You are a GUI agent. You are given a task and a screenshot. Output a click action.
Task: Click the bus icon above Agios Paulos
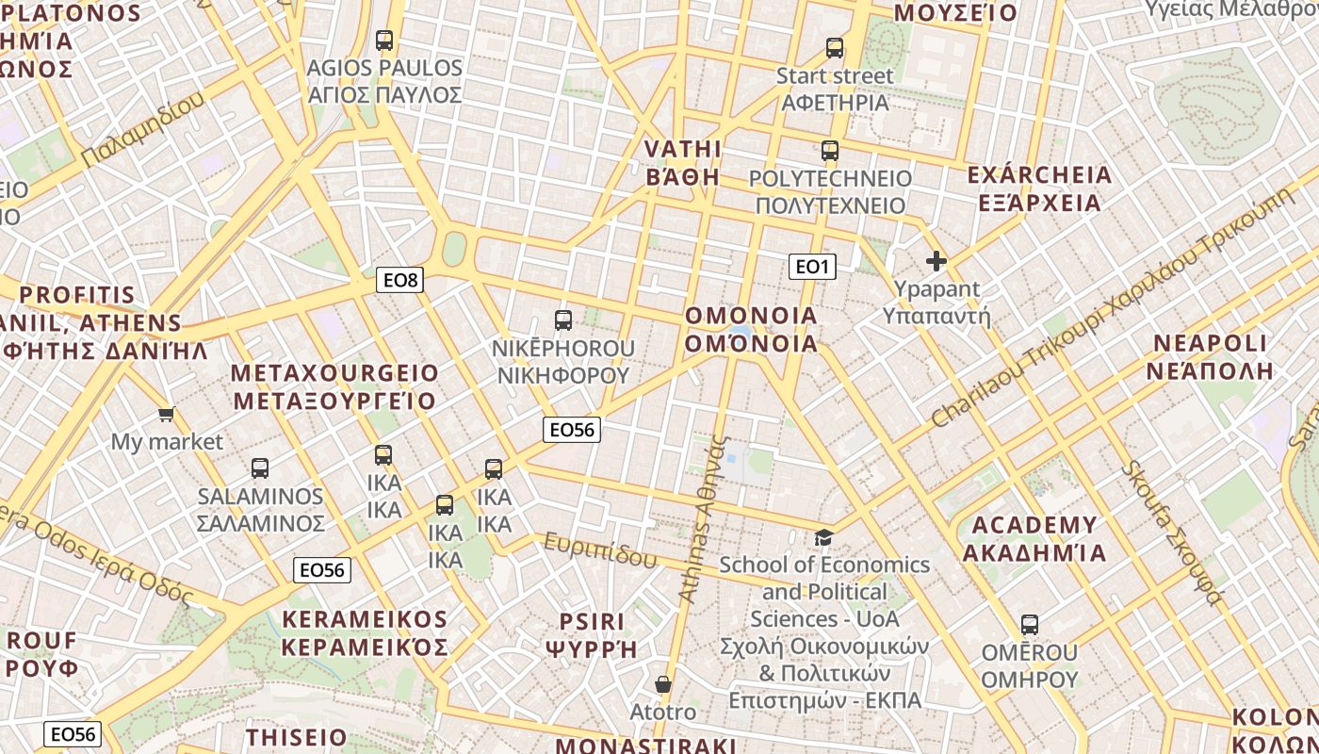click(x=383, y=41)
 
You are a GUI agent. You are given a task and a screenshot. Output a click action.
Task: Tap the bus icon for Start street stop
click(x=834, y=48)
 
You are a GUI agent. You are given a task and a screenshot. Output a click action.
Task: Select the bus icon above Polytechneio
click(x=829, y=151)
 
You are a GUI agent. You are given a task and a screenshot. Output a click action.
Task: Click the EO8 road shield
click(x=399, y=280)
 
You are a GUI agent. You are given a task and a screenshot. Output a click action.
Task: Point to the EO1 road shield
click(x=811, y=267)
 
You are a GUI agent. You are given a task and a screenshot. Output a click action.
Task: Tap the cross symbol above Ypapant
click(x=936, y=261)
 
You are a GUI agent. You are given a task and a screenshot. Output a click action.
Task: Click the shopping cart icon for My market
click(x=167, y=414)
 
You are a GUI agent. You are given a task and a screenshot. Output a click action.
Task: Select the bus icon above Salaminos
click(x=260, y=468)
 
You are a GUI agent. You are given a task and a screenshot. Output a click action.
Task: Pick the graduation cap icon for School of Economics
click(x=823, y=537)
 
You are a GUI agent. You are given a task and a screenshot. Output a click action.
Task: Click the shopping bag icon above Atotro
click(x=663, y=684)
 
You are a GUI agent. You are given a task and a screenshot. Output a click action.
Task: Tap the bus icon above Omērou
click(x=1029, y=625)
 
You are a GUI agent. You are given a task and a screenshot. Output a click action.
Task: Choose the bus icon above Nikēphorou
click(x=562, y=320)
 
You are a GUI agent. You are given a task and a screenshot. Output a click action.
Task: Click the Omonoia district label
click(x=751, y=329)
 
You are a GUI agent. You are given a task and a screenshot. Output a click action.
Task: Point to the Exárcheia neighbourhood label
click(x=1039, y=188)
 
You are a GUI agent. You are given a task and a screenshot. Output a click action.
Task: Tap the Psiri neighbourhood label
click(x=592, y=635)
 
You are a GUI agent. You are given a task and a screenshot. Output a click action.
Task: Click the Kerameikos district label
click(x=365, y=633)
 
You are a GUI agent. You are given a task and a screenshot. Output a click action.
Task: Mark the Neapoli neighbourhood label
click(x=1210, y=356)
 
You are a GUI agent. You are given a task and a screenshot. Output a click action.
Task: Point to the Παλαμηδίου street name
click(x=142, y=131)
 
